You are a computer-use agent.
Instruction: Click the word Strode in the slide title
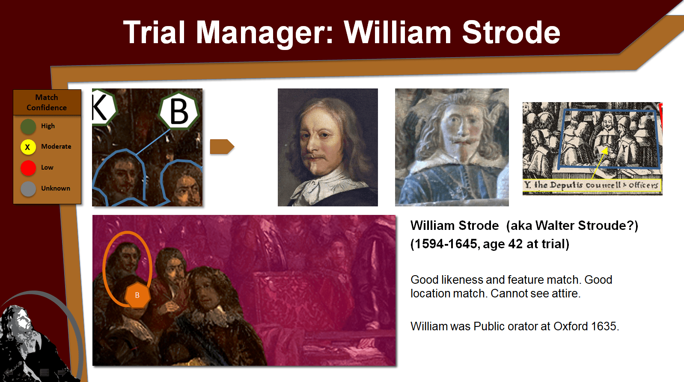tap(511, 32)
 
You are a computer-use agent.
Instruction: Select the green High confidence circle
tap(28, 126)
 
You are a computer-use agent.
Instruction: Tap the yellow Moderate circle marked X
tap(28, 147)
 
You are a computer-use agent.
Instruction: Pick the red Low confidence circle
tap(28, 168)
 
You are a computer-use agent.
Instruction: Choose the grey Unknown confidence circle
tap(28, 189)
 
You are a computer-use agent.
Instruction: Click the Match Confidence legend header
tap(47, 103)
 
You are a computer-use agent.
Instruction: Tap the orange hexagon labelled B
tap(137, 295)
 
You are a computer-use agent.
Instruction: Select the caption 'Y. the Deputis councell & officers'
tap(592, 185)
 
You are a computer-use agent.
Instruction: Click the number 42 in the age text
tap(515, 244)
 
